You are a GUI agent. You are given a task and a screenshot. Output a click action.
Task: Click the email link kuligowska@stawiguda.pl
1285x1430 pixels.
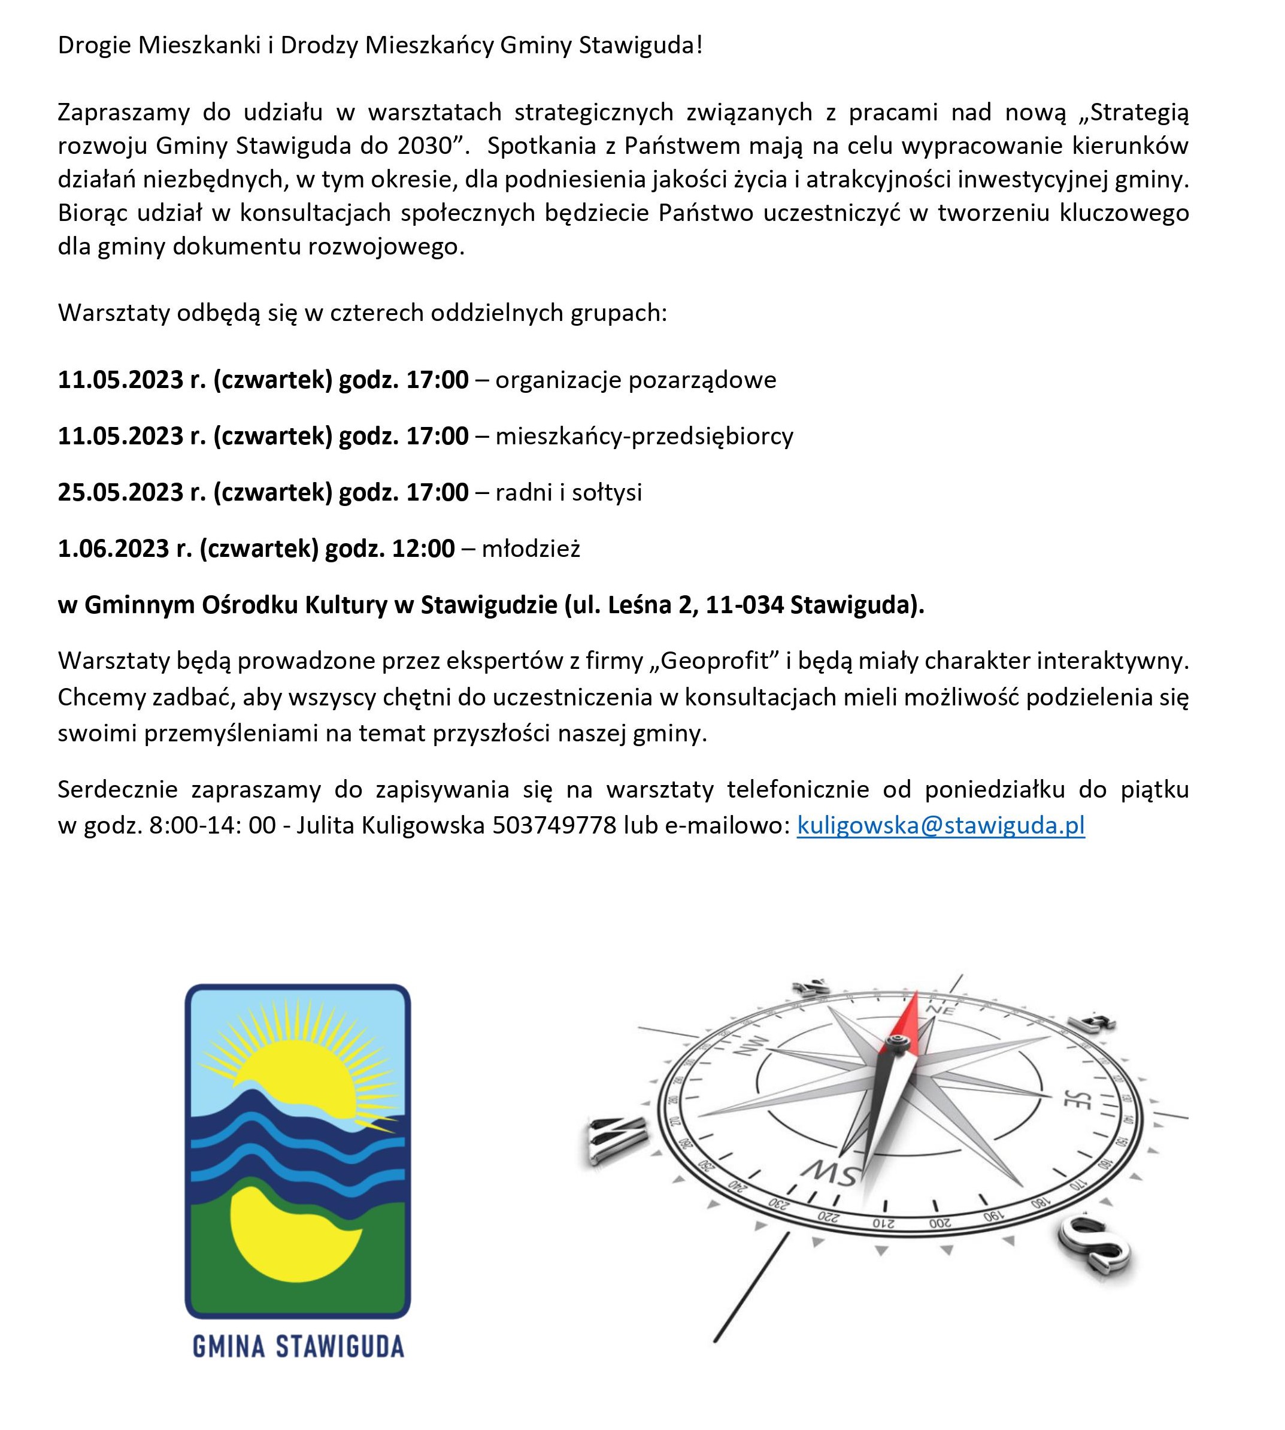[x=941, y=825]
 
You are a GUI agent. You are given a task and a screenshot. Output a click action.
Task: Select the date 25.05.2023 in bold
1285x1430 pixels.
[x=121, y=492]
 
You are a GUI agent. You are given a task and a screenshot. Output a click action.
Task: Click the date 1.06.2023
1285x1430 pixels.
[x=114, y=548]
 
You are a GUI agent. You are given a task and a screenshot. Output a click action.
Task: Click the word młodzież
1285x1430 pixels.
[x=531, y=548]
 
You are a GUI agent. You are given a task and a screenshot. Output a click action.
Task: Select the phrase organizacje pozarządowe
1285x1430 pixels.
[x=635, y=380]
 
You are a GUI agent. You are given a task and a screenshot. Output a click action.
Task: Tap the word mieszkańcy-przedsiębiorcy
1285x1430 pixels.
[x=644, y=437]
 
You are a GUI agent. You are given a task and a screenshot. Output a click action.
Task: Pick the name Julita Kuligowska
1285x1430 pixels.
[x=390, y=825]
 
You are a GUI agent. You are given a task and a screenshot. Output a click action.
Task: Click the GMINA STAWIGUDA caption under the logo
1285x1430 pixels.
[x=298, y=1346]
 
